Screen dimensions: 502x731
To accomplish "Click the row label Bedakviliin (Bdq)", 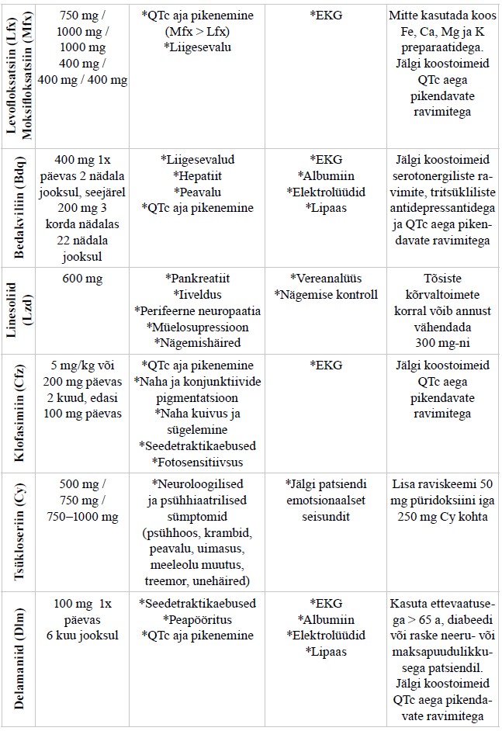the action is (x=19, y=207).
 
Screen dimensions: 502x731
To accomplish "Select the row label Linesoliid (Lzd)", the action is (x=19, y=310).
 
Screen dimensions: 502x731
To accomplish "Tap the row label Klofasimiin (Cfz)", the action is (x=19, y=414).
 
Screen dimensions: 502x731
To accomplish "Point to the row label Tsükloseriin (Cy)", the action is (x=19, y=532).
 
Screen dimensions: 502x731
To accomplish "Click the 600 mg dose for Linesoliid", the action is (x=82, y=279).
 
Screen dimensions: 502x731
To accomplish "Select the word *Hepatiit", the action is (x=198, y=175).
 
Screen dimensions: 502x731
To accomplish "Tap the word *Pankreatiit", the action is (x=198, y=279).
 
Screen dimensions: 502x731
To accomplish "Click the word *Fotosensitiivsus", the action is (x=198, y=462).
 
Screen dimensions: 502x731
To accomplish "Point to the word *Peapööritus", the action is (x=198, y=619).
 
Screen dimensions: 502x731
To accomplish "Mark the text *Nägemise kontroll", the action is (x=327, y=295).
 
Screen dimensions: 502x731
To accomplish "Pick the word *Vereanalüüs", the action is (x=327, y=279).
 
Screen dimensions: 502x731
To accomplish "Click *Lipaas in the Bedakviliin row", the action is (x=327, y=208).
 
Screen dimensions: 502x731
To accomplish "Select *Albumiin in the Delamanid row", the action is (x=327, y=619).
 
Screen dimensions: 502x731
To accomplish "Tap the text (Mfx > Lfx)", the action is (x=198, y=32).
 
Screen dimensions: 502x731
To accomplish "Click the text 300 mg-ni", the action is (x=442, y=343).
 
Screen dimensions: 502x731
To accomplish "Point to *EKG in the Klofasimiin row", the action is (x=327, y=365).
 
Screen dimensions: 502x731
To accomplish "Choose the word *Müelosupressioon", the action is (x=198, y=327).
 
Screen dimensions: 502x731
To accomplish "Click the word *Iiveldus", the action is (x=198, y=295).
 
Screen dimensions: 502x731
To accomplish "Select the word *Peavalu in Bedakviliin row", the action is (x=198, y=192).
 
